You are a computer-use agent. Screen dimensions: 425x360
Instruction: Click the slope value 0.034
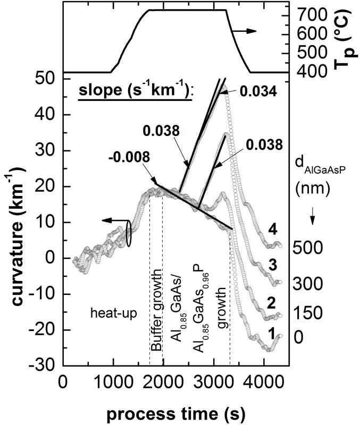coord(257,92)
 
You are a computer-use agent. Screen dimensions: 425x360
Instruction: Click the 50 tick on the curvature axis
coord(47,79)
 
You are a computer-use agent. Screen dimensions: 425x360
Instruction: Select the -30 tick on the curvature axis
coord(45,367)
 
